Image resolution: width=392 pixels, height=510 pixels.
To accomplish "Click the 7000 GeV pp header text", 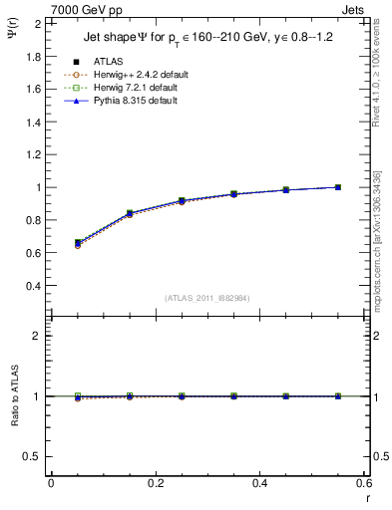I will click(x=87, y=10).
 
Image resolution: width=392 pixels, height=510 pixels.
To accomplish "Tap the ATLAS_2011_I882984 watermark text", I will click(x=206, y=297).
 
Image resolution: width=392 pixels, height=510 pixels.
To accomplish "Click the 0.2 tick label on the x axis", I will click(x=155, y=484).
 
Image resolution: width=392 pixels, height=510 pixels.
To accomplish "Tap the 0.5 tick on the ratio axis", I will click(x=36, y=456).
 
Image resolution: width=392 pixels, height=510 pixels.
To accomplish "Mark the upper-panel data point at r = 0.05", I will click(x=78, y=243).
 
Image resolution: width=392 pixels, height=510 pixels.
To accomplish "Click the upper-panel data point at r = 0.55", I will click(x=337, y=187).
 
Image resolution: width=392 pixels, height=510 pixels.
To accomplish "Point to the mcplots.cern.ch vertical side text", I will click(x=377, y=269).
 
